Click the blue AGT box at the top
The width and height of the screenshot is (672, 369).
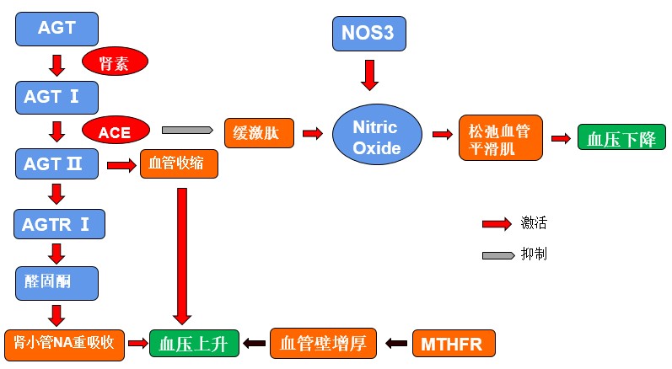tap(57, 28)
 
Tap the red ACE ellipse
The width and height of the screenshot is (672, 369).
tap(116, 131)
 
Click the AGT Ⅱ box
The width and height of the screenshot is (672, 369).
tap(57, 163)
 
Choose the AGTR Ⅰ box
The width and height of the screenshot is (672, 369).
tap(57, 225)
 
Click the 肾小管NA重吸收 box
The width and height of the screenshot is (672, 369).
tap(64, 342)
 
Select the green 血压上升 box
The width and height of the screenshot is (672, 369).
tap(193, 343)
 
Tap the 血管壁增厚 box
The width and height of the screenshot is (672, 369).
tap(322, 343)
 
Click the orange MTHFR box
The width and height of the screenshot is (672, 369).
tap(453, 343)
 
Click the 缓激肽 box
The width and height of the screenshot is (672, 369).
tap(258, 132)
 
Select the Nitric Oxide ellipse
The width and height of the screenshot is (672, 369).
tap(375, 136)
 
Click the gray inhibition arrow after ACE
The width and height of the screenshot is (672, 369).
tap(186, 131)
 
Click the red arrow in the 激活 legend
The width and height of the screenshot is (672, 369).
tap(497, 223)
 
